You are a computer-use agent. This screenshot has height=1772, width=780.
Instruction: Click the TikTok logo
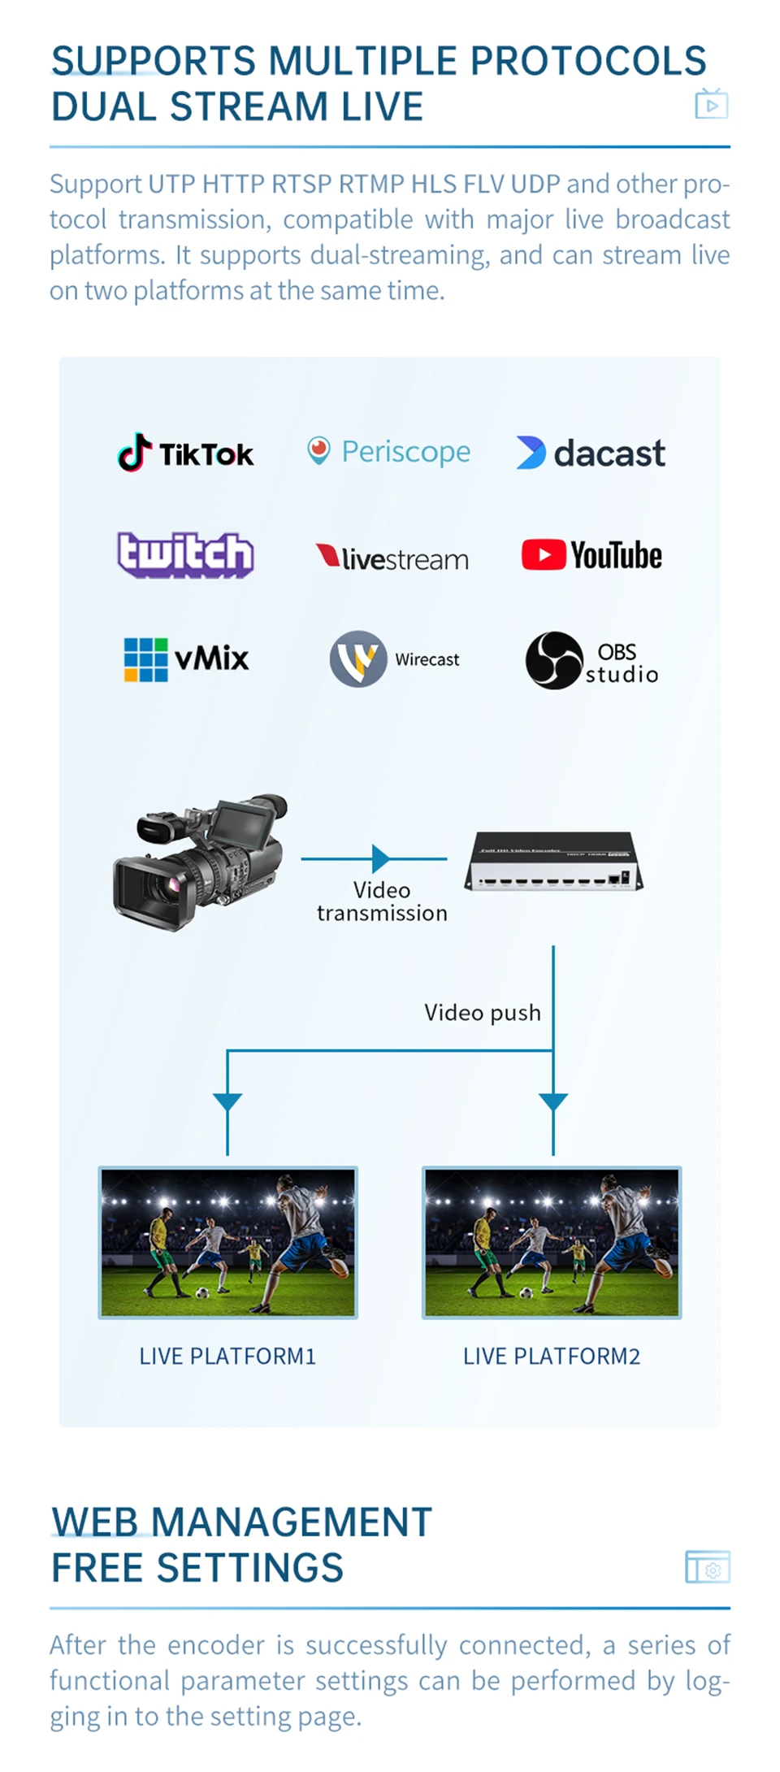pos(186,453)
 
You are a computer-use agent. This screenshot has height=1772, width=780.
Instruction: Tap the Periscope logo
pos(389,451)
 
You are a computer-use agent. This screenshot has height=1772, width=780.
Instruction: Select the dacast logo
pos(591,453)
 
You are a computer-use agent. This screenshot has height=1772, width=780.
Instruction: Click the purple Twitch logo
pos(185,555)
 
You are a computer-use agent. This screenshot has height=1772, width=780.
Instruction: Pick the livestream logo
pos(392,558)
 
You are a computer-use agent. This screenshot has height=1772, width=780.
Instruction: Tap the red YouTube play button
pos(544,555)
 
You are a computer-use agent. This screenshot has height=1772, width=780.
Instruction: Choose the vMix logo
pos(186,659)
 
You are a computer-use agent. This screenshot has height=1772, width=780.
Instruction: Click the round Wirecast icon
pos(358,659)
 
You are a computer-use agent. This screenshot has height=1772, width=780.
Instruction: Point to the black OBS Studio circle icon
pos(554,661)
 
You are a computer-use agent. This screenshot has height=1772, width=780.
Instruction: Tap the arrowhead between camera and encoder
pos(380,858)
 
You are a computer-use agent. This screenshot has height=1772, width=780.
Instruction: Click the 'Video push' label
pos(482,1013)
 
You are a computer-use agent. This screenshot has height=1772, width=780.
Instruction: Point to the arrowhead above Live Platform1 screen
pos(227,1102)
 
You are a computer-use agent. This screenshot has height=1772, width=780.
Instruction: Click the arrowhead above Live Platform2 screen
pos(553,1102)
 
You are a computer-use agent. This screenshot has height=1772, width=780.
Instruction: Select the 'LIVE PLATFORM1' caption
pos(227,1357)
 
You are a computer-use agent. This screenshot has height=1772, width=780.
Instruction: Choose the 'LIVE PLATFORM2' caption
pos(552,1357)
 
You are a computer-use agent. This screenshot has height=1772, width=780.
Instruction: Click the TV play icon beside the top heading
pos(712,104)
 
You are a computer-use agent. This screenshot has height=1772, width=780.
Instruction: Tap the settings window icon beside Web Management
pos(708,1566)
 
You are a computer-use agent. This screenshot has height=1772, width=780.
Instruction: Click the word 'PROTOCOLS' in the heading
pos(588,62)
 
